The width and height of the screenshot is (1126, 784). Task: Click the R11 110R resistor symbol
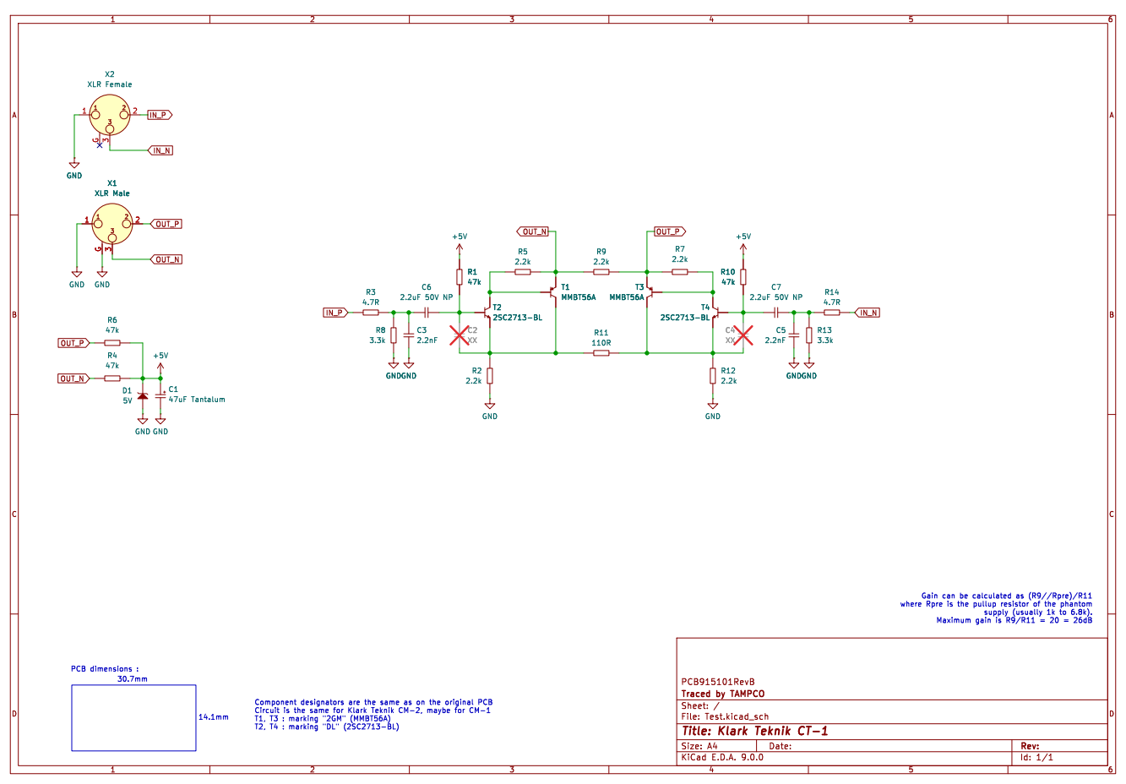[x=601, y=353]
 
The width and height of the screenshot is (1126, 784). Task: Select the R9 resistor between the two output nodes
[x=601, y=272]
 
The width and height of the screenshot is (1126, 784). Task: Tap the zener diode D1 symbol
[x=143, y=397]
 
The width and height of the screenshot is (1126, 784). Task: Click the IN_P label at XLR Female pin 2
[x=160, y=115]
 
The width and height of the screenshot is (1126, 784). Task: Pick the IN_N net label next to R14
[x=868, y=313]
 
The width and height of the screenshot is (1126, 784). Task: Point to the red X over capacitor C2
[x=460, y=335]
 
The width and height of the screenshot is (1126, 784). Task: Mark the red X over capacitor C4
[x=743, y=335]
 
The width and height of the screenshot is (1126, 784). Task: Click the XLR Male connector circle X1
[x=112, y=224]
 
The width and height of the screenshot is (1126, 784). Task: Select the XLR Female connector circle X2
[x=110, y=115]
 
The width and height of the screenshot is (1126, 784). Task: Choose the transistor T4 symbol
[x=715, y=313]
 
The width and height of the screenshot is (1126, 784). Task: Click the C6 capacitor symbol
[x=427, y=313]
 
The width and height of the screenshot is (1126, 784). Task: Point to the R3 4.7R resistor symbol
[x=371, y=313]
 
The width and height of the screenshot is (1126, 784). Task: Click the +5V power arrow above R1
[x=460, y=249]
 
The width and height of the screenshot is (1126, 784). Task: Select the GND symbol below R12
[x=713, y=406]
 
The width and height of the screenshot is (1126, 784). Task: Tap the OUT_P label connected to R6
[x=73, y=344]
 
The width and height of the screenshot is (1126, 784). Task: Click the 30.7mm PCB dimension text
[x=133, y=679]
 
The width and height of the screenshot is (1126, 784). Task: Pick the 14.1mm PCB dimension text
[x=214, y=717]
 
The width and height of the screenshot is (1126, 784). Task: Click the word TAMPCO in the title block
[x=747, y=694]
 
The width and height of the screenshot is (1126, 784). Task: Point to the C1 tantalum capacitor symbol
[x=160, y=396]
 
